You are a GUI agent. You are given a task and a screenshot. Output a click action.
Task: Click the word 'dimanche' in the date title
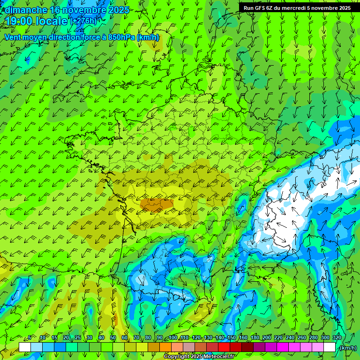point(25,10)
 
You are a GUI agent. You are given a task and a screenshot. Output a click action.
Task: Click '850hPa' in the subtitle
point(121,37)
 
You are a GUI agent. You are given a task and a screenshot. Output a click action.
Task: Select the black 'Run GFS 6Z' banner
point(297,7)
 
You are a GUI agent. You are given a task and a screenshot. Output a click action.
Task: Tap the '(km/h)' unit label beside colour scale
point(348,347)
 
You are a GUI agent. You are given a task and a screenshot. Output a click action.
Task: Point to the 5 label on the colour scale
point(30,338)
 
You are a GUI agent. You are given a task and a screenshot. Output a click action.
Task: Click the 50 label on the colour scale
point(113,338)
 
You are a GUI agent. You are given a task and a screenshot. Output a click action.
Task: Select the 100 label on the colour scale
point(173,338)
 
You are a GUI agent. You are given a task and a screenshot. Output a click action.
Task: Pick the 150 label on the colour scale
point(232,338)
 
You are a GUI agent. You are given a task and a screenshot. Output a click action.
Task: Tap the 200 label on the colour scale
point(267,338)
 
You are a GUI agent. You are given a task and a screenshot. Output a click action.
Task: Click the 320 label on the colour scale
point(337,338)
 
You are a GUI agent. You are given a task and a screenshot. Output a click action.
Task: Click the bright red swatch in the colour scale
point(224,347)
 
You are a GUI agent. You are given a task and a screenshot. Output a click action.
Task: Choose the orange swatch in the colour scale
point(165,347)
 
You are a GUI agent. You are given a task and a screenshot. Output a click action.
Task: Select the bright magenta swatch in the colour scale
point(283,347)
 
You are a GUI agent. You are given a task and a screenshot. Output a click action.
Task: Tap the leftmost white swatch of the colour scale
point(25,347)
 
